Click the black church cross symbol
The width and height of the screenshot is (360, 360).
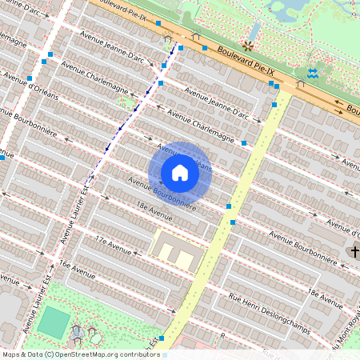(x=354, y=252)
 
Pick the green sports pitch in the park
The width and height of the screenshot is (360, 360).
(x=54, y=322)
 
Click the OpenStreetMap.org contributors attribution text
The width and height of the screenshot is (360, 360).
(x=104, y=354)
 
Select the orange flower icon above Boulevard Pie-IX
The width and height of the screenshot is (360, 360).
(x=249, y=46)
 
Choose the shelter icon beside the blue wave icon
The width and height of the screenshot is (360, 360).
(x=300, y=84)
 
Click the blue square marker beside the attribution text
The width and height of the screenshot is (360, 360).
(x=162, y=338)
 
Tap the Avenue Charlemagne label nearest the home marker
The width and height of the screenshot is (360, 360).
(x=206, y=130)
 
